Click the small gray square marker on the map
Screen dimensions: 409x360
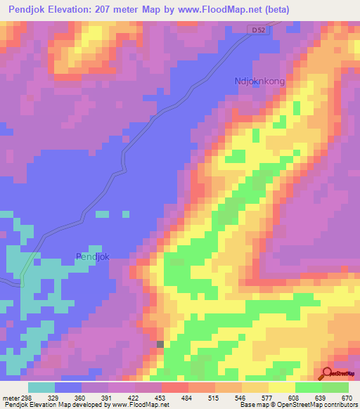coord(160,344)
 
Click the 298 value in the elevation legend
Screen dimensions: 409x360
coord(24,397)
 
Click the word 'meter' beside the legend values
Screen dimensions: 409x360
coord(8,397)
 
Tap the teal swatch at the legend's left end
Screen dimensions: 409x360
coord(41,387)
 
